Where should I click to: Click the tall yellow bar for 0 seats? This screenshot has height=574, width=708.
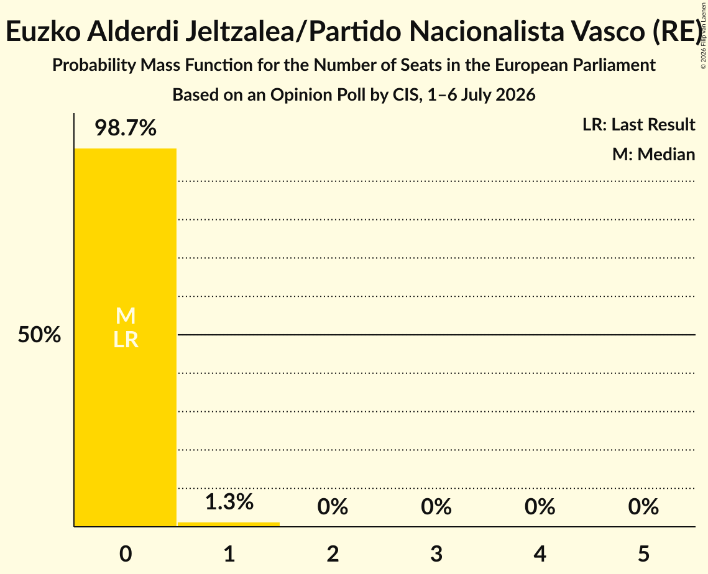click(126, 337)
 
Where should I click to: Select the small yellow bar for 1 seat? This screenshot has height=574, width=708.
click(229, 524)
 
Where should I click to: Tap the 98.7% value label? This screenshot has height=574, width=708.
click(126, 128)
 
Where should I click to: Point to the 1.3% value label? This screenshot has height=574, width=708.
click(229, 502)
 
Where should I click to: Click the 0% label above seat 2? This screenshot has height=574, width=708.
click(333, 507)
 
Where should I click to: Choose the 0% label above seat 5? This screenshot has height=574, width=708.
click(643, 507)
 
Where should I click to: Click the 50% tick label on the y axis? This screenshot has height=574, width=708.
click(39, 335)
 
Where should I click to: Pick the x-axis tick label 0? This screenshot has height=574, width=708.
click(126, 553)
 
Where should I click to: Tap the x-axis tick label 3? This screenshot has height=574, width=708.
click(436, 553)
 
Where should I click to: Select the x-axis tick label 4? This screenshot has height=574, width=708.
click(540, 553)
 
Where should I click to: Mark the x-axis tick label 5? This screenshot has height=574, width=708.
click(643, 553)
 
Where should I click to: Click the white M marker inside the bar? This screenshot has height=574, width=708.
click(126, 316)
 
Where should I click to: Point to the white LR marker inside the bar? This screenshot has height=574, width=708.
click(126, 340)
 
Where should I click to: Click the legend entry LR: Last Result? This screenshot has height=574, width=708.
click(638, 124)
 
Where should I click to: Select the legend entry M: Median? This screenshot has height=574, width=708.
click(653, 154)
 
